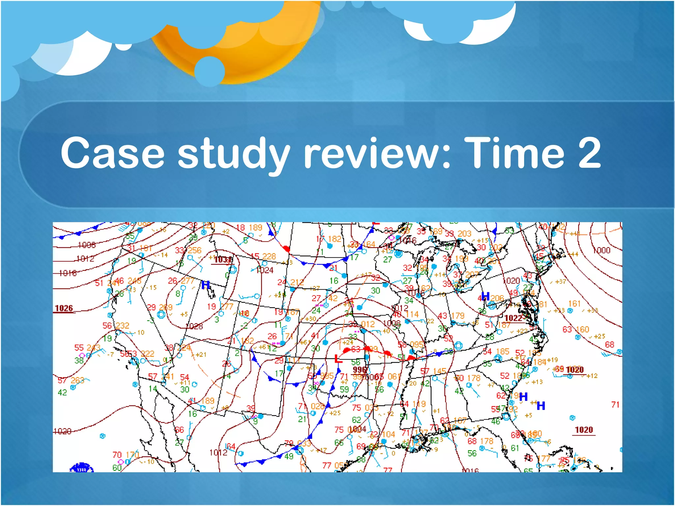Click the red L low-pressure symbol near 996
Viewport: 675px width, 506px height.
[x=338, y=358]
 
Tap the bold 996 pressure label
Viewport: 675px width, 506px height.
[x=360, y=370]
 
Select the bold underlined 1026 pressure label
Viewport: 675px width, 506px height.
[x=64, y=308]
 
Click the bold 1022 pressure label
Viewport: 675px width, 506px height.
[x=513, y=318]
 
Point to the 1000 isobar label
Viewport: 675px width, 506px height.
[x=602, y=250]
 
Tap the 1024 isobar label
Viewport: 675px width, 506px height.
[x=265, y=270]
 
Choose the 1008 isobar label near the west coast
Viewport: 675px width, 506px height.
[x=86, y=245]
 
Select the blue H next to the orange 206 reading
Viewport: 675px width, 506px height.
[x=485, y=296]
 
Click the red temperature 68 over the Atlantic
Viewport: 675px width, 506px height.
[x=609, y=345]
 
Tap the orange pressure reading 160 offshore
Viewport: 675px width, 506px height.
[x=582, y=329]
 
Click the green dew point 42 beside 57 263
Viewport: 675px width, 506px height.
[x=62, y=392]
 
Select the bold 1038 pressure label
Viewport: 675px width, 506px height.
[x=223, y=260]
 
